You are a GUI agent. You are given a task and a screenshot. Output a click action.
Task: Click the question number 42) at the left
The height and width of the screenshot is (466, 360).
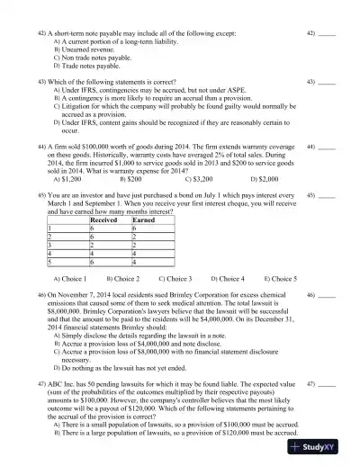tap(41, 31)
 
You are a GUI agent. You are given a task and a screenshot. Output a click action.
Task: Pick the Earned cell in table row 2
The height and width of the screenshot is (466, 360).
tap(135, 237)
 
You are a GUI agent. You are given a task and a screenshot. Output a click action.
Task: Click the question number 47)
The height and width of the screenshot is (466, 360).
tap(41, 383)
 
